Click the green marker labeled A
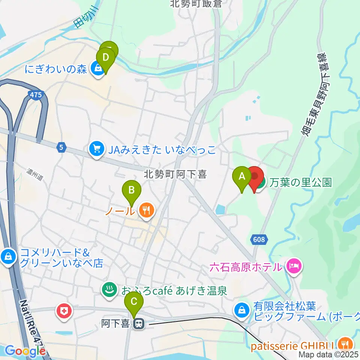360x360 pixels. [242, 176]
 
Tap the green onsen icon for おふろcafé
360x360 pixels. [109, 290]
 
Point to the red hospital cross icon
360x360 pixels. [64, 311]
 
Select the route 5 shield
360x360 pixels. [61, 148]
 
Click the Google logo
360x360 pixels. [25, 351]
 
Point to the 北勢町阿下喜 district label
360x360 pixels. [176, 174]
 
